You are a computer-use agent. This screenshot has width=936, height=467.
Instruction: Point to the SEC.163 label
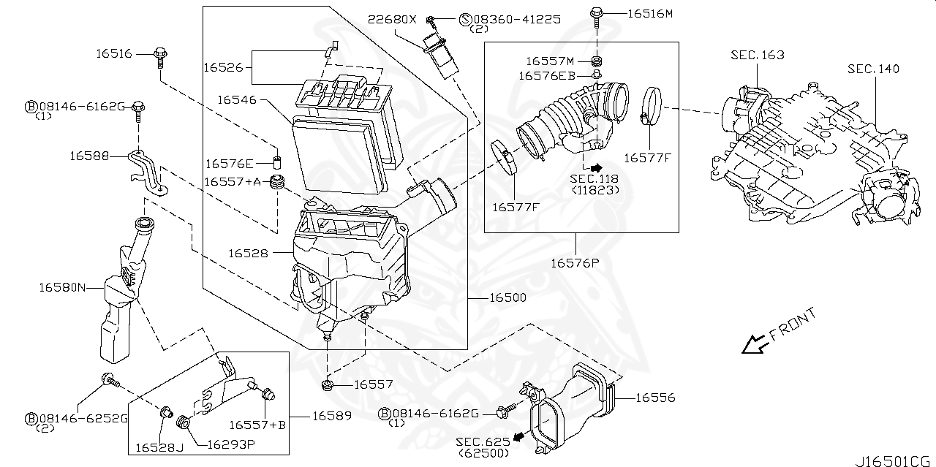pyautogui.click(x=758, y=56)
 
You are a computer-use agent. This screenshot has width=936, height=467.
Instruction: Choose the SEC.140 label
pyautogui.click(x=873, y=69)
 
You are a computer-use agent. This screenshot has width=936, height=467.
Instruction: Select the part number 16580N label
pyautogui.click(x=62, y=288)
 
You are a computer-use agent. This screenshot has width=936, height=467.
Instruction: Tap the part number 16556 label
pyautogui.click(x=654, y=398)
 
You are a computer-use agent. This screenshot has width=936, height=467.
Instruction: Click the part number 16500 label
pyautogui.click(x=507, y=298)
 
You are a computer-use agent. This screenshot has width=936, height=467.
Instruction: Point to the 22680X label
pyautogui.click(x=392, y=19)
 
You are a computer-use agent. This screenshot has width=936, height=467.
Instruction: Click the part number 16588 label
pyautogui.click(x=90, y=156)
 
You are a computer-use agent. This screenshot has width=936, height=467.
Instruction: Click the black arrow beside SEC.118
pyautogui.click(x=596, y=167)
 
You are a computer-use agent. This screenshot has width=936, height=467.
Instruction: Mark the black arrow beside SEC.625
pyautogui.click(x=518, y=437)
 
